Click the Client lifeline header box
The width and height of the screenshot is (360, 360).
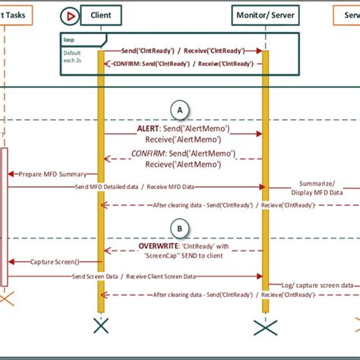(x=100, y=15)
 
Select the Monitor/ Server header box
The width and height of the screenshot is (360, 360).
(x=265, y=15)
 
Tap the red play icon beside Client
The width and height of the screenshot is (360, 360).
(x=70, y=15)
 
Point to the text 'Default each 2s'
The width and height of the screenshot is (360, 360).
(x=74, y=58)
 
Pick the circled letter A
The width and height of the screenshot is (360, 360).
(x=179, y=110)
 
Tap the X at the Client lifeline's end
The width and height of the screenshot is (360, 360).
(x=100, y=326)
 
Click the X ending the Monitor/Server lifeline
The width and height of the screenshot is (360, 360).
(x=265, y=327)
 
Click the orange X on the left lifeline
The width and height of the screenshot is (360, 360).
(x=5, y=301)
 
